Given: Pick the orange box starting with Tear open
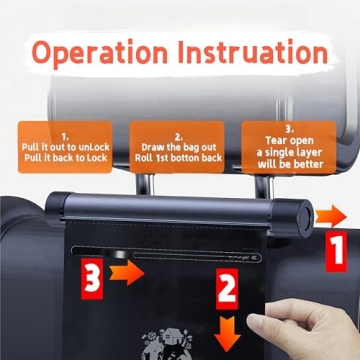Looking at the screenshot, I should pyautogui.click(x=290, y=143).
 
